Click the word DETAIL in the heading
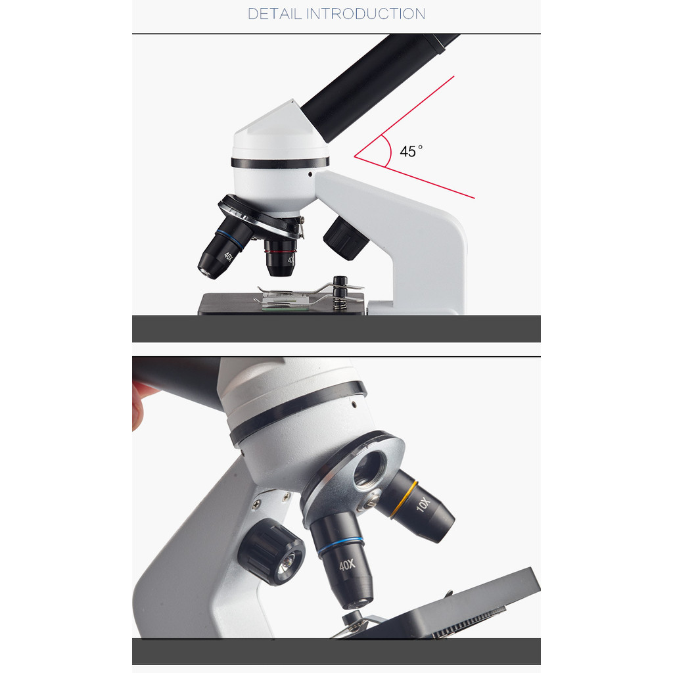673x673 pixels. coord(275,14)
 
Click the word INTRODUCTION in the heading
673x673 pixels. coord(365,14)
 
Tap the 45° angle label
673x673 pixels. coord(411,151)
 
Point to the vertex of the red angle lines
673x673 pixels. coord(354,156)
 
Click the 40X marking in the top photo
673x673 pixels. coord(228,256)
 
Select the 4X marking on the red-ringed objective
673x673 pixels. coord(291,259)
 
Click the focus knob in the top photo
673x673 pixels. coord(346,239)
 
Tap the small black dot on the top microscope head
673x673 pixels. coord(310,174)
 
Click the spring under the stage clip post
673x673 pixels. coord(340,304)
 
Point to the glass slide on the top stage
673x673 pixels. coord(285,305)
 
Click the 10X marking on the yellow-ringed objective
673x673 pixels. coord(423,504)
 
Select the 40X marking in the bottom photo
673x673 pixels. coord(347,565)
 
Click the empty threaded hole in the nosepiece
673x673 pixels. coord(369,469)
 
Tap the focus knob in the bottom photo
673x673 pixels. coord(272,552)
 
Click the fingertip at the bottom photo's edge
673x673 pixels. coord(139,406)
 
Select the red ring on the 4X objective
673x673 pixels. coord(280,252)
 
